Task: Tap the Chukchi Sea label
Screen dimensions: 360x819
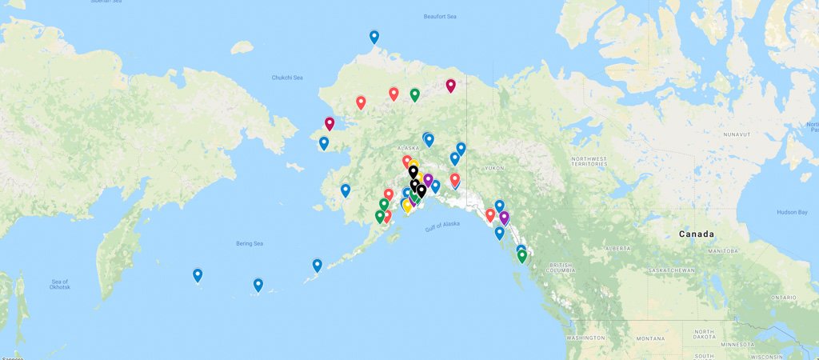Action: pyautogui.click(x=287, y=78)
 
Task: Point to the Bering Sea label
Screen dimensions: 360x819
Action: pyautogui.click(x=248, y=243)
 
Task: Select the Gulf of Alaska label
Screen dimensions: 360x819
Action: pyautogui.click(x=442, y=226)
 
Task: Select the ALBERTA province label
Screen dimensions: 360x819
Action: pyautogui.click(x=617, y=248)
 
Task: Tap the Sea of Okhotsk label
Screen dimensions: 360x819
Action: pyautogui.click(x=61, y=284)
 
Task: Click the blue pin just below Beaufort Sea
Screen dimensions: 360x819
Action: pyautogui.click(x=374, y=36)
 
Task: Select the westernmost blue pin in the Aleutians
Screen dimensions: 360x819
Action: pyautogui.click(x=198, y=274)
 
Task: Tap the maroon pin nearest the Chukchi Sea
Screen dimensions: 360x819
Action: pyautogui.click(x=330, y=123)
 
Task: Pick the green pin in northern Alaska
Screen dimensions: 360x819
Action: pyautogui.click(x=415, y=94)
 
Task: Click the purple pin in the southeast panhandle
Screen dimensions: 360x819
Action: pyautogui.click(x=504, y=217)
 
